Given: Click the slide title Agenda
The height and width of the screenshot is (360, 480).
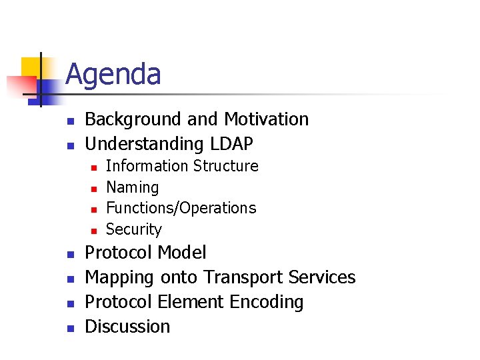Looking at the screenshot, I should coord(113,74).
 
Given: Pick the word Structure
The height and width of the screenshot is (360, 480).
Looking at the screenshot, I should coord(226,166).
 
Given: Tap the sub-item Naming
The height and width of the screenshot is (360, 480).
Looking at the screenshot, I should coord(133,187).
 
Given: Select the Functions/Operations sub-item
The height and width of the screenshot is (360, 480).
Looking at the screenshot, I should coord(181,208).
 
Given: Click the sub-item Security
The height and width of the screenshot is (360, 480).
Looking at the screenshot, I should coord(134,229).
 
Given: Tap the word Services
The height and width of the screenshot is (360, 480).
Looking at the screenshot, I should coord(323,277).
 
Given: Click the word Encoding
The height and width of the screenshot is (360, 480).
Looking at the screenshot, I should coord(266,302).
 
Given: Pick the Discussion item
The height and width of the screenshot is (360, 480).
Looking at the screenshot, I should coord(127,327).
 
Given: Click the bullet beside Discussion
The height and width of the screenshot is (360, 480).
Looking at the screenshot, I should coord(70,327).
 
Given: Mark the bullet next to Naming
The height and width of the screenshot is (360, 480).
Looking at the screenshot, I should coord(94,188).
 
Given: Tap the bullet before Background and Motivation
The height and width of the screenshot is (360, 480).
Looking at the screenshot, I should coord(70,121).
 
